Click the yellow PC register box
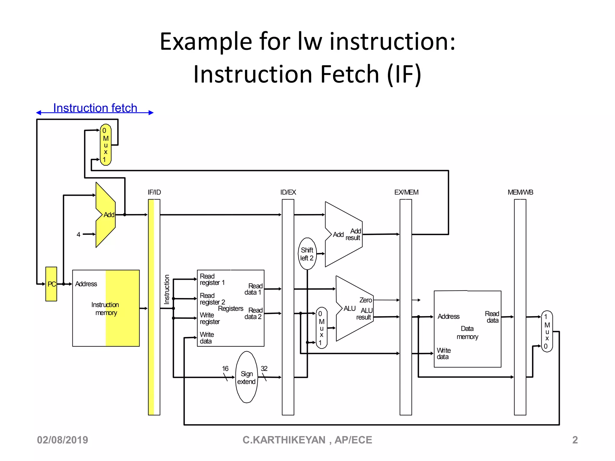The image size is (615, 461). [51, 284]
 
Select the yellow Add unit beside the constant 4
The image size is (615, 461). [106, 215]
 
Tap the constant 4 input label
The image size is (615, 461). [78, 234]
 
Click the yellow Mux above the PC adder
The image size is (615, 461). [106, 145]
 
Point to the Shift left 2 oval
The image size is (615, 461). [307, 254]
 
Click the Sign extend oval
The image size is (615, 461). [247, 377]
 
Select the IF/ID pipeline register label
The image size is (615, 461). [154, 192]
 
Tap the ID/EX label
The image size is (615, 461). [288, 192]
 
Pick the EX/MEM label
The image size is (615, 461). [406, 192]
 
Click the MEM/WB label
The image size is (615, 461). [520, 192]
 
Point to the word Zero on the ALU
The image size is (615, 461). [365, 300]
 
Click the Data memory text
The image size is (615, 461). [467, 333]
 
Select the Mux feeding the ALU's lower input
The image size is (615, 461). [322, 328]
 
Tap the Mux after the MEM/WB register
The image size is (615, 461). [547, 331]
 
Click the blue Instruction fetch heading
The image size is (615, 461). [95, 108]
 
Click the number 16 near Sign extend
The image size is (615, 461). [225, 369]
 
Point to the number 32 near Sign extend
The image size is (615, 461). [264, 369]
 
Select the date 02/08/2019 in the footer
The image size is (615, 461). [62, 440]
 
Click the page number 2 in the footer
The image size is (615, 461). [575, 440]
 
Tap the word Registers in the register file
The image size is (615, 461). [231, 309]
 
